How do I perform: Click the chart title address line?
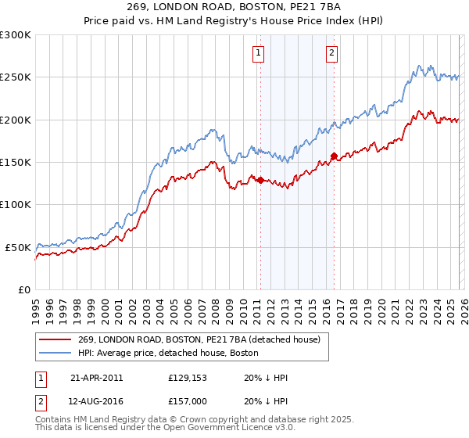(234, 5)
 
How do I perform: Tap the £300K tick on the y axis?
(16, 35)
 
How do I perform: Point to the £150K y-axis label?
(16, 163)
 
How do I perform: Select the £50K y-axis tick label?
(18, 247)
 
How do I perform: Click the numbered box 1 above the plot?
(259, 53)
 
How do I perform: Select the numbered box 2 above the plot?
(332, 53)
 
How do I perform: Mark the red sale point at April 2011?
(260, 181)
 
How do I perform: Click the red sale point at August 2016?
(334, 156)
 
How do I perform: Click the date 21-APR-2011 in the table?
(96, 378)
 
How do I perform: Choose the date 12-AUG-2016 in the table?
(96, 401)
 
